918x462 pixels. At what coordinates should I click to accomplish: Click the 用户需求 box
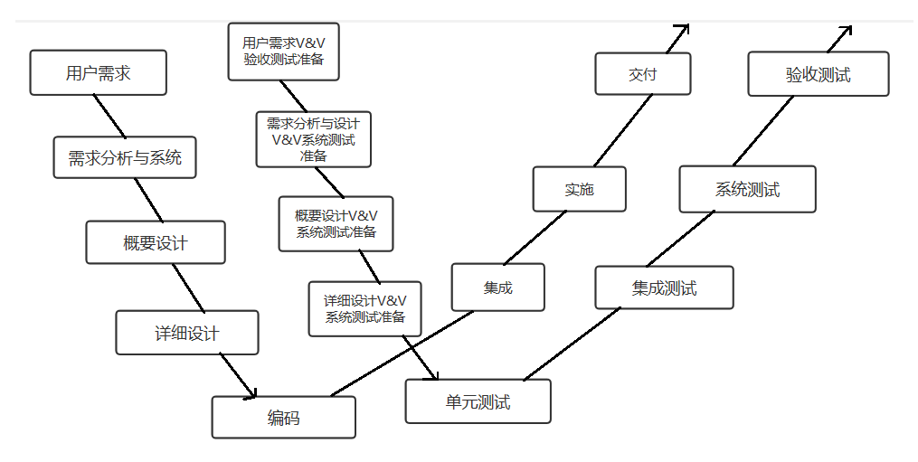tap(98, 73)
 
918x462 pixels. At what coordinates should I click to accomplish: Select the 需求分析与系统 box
tap(125, 157)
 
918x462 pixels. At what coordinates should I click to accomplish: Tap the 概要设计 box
tap(156, 242)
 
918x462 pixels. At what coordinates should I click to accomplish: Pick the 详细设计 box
tap(187, 333)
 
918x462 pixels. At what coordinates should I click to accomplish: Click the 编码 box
tap(283, 418)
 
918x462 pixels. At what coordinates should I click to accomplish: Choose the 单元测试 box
tap(478, 401)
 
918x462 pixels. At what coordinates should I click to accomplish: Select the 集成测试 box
tap(664, 288)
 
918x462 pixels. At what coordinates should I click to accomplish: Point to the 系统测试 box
tap(747, 189)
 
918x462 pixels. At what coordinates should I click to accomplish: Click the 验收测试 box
tap(818, 74)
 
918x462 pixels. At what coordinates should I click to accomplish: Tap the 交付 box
tap(642, 74)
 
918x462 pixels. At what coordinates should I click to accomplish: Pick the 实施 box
tap(579, 189)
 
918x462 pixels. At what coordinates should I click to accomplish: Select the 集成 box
tap(497, 288)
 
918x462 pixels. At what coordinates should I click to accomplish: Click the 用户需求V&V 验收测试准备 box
tap(283, 52)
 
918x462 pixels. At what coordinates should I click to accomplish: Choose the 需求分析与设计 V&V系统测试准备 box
tap(313, 139)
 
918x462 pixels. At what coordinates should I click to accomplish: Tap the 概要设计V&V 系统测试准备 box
tap(336, 223)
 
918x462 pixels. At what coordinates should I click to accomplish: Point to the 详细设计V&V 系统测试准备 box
tap(364, 308)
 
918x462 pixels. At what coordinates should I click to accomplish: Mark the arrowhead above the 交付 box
tap(684, 29)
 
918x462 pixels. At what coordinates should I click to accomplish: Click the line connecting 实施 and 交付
tap(620, 131)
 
